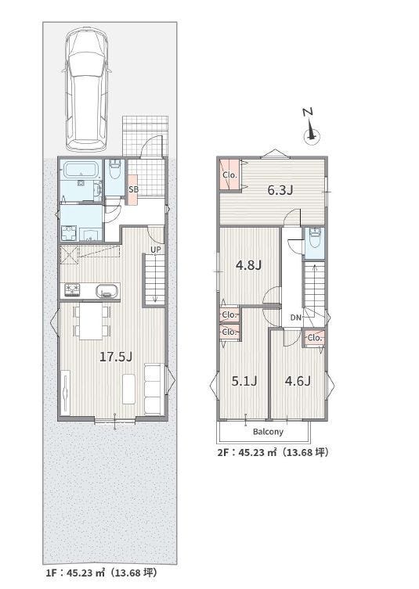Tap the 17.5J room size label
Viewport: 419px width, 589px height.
tap(116, 357)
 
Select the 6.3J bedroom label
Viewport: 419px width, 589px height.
tap(280, 190)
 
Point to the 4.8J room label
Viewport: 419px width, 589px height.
tap(248, 266)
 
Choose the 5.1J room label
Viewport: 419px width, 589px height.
tap(244, 381)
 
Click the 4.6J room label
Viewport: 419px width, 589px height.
tap(298, 381)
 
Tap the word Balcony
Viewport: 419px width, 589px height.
tap(268, 432)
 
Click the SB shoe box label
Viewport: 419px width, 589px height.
tap(133, 190)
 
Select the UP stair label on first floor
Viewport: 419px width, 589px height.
tap(156, 250)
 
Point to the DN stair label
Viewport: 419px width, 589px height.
tap(295, 318)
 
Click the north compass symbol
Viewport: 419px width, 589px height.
tap(311, 127)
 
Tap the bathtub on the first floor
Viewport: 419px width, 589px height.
tap(81, 171)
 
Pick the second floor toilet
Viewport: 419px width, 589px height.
tap(315, 238)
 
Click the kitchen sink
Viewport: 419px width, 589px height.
tap(107, 291)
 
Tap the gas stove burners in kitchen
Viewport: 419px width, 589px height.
tap(72, 290)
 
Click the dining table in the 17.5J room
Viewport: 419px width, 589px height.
tap(92, 321)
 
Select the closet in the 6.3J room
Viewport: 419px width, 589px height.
tap(229, 174)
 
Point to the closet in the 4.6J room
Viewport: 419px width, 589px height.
tap(314, 338)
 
